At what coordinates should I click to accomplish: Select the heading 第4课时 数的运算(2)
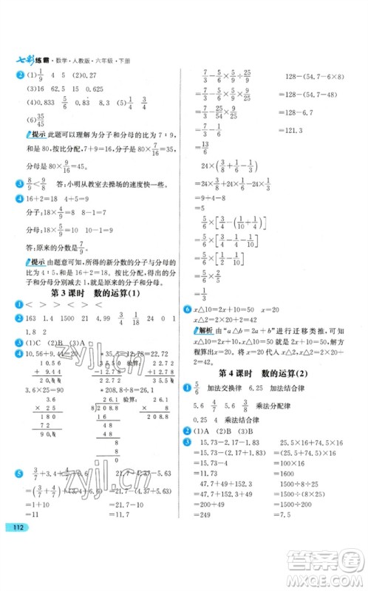[274, 375]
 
